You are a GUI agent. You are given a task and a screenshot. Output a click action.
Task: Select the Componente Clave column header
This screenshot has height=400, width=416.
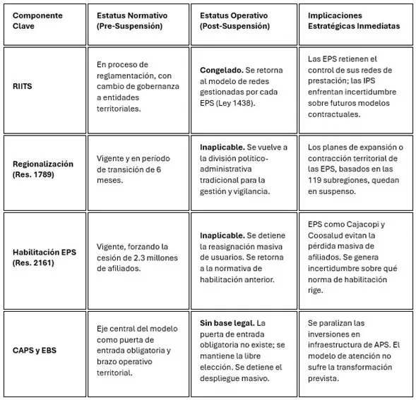pyautogui.click(x=39, y=20)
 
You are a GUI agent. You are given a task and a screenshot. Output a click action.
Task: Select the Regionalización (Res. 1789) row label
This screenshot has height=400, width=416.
pyautogui.click(x=42, y=169)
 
